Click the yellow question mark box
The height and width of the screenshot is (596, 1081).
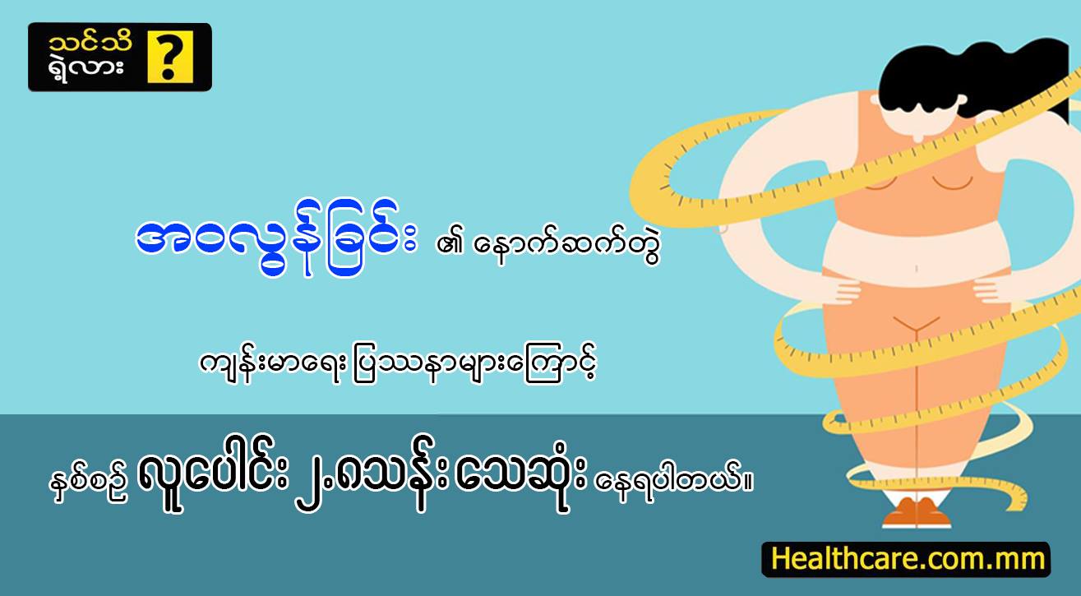(170, 57)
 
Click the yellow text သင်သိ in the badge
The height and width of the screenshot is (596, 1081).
(90, 43)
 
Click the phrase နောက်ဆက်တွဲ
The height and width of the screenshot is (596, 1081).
(566, 245)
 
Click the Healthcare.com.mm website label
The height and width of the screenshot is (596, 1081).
(906, 559)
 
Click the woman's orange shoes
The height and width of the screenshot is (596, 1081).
(916, 513)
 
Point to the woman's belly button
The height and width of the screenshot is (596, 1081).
(917, 268)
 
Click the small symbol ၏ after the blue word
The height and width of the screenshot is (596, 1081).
(449, 245)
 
